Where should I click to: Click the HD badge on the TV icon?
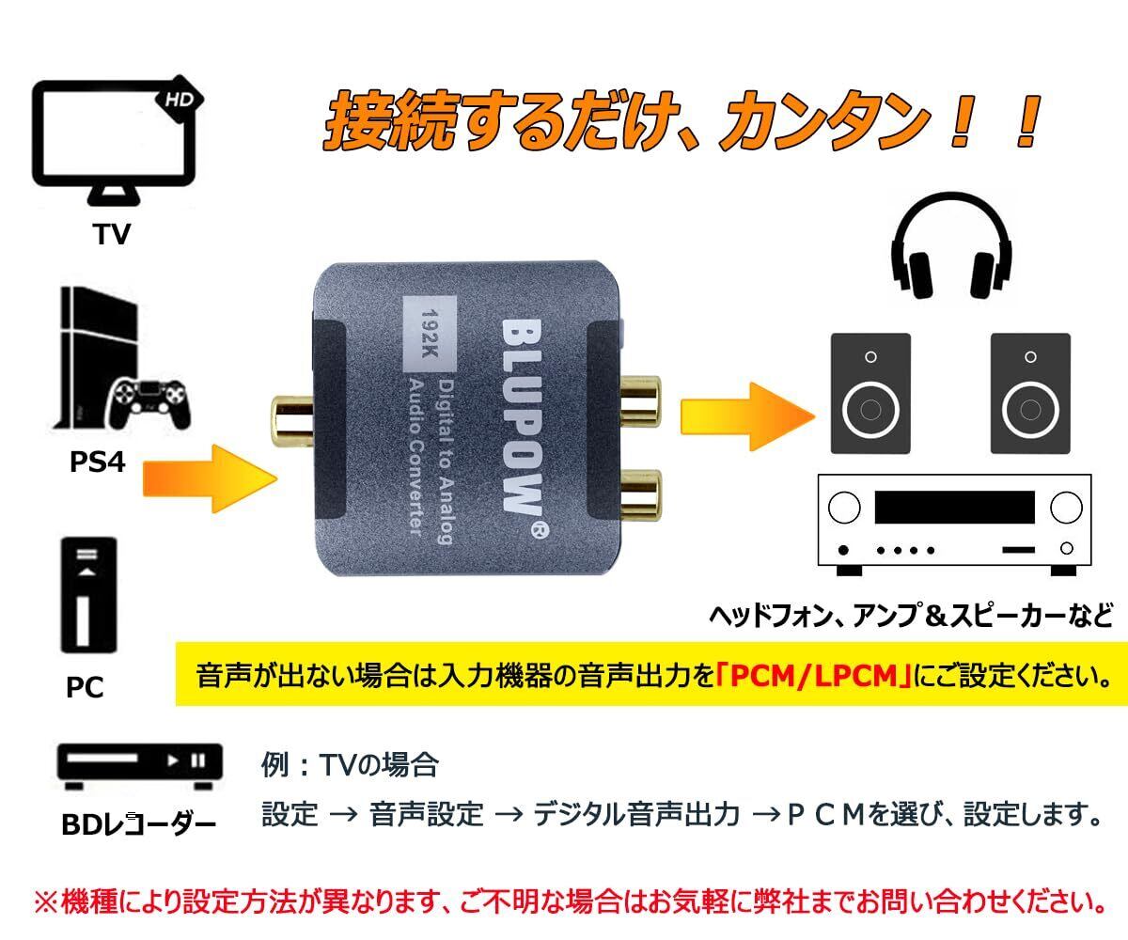tap(179, 100)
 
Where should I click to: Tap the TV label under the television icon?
tap(112, 234)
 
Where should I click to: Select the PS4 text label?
tap(97, 462)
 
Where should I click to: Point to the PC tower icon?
tap(88, 595)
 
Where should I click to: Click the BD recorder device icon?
tap(140, 767)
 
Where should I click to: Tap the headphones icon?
tap(950, 245)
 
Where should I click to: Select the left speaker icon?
tap(870, 393)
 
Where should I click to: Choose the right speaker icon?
tap(1030, 393)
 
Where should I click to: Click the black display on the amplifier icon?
tap(955, 507)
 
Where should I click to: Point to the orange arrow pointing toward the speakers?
tap(747, 416)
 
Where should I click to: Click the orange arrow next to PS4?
tap(211, 478)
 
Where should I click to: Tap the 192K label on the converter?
tap(430, 334)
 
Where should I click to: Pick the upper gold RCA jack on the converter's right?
tap(641, 400)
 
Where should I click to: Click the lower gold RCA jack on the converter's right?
tap(641, 495)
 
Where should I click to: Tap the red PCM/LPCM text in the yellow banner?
tap(814, 675)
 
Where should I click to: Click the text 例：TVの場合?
tap(350, 764)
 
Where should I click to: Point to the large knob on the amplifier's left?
tap(844, 508)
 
